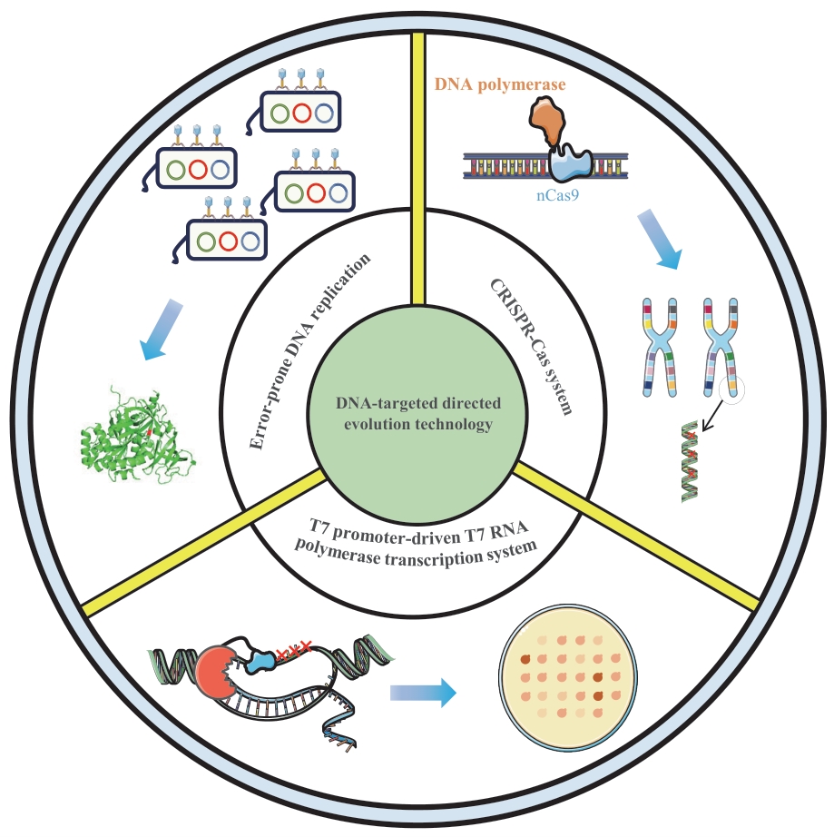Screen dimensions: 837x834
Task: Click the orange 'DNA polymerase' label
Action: click(x=499, y=84)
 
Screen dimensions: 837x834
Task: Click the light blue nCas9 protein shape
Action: click(x=570, y=162)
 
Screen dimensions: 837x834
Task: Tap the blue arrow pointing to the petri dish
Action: click(x=421, y=694)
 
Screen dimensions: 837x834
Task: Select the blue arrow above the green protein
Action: click(x=162, y=330)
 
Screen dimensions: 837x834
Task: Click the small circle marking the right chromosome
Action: click(x=732, y=390)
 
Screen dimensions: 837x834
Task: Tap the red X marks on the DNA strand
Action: click(x=294, y=647)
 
